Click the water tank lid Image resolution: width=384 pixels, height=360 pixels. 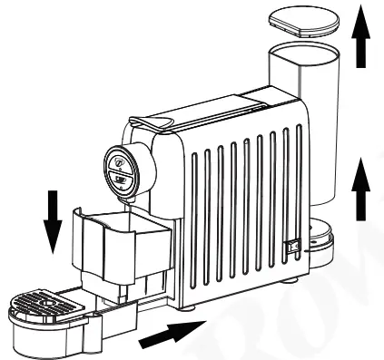(302, 20)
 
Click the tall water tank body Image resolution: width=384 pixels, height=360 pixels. (309, 136)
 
